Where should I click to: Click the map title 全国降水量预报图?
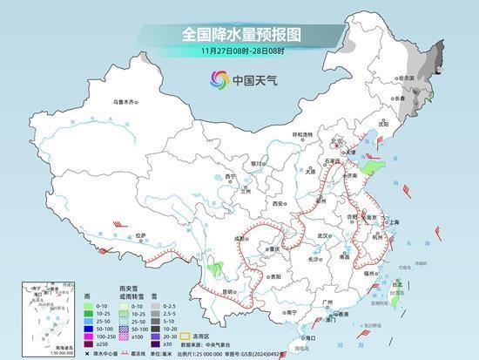239,34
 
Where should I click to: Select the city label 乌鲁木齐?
125,102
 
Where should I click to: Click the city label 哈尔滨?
405,78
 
